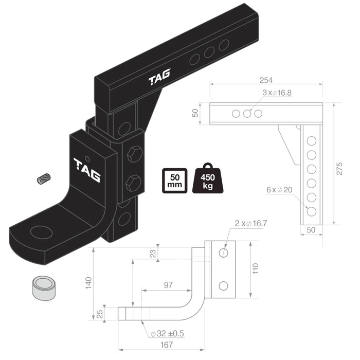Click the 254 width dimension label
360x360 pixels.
(x=266, y=80)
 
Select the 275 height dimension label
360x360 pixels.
(x=339, y=169)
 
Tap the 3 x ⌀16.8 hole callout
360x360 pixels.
(x=277, y=93)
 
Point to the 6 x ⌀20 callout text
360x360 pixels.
(x=279, y=190)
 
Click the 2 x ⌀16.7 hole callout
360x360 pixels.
(x=251, y=223)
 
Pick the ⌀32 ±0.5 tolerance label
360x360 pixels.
(x=167, y=333)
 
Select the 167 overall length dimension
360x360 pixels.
(x=166, y=345)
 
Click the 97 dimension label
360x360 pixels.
(x=168, y=285)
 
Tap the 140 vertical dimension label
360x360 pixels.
(x=88, y=283)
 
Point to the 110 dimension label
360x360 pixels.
(x=255, y=268)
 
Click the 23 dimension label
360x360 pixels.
(x=152, y=253)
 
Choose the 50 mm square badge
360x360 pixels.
(x=175, y=181)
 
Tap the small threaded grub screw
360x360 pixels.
(x=44, y=178)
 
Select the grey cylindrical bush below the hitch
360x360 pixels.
(x=44, y=288)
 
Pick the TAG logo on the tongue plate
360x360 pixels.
(x=87, y=170)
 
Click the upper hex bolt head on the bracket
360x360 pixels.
(x=135, y=153)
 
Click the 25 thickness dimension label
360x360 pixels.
(x=100, y=314)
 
